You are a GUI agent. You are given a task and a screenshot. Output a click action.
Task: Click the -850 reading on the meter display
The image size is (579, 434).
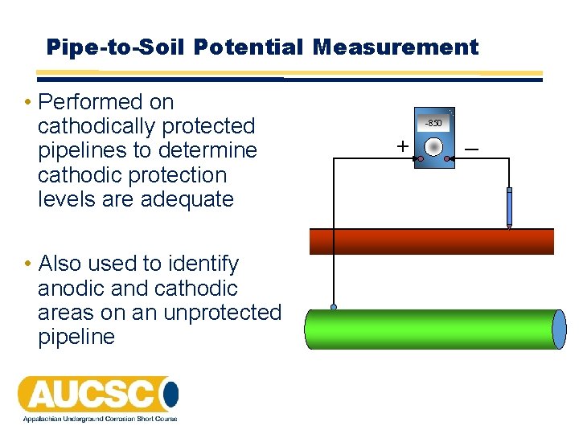433,123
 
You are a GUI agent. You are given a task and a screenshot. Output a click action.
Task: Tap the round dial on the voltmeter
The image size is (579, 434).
433,147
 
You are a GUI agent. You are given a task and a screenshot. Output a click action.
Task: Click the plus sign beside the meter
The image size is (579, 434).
401,146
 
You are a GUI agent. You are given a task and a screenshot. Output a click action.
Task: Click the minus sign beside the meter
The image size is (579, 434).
471,148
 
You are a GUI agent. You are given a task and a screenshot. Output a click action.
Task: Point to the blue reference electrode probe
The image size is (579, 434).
509,207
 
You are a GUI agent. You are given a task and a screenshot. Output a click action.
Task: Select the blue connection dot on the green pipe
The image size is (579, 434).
334,307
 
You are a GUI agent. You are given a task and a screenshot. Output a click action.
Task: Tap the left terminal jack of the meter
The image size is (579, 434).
420,159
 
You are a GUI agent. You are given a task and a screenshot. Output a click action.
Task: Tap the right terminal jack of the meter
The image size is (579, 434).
448,159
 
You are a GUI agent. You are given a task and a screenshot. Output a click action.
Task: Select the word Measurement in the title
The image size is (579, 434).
396,47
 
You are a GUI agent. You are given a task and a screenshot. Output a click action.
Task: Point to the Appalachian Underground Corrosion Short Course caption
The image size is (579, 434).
97,419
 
